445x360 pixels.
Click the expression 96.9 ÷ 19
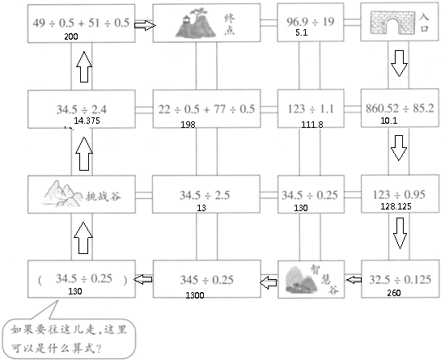tap(311, 22)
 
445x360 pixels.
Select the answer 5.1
tap(302, 32)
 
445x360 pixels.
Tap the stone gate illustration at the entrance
tap(393, 23)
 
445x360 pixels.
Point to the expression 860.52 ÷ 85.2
tap(400, 108)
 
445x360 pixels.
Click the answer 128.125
tap(396, 206)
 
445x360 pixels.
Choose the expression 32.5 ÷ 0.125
tap(400, 280)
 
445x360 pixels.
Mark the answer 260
tap(394, 293)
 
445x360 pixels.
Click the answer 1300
tap(195, 295)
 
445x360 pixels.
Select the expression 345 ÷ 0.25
tap(206, 280)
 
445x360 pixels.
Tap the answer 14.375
tap(87, 121)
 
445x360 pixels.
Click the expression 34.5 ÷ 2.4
tap(82, 109)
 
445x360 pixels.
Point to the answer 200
tap(71, 36)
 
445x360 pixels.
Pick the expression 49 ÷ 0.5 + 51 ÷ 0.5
tap(81, 23)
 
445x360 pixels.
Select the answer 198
tap(188, 125)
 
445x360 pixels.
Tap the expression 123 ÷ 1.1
tap(311, 108)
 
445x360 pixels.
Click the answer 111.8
tap(311, 125)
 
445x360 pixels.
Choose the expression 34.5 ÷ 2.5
tap(205, 195)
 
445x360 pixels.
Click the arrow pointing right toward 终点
tap(145, 26)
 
